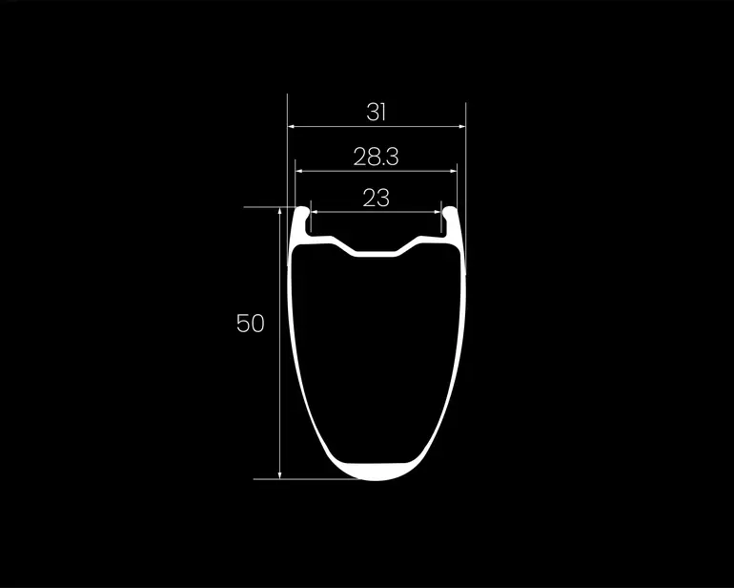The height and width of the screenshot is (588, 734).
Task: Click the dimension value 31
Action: (x=376, y=113)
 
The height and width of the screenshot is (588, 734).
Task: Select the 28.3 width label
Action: (x=376, y=157)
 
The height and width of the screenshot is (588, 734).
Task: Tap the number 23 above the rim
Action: (x=376, y=198)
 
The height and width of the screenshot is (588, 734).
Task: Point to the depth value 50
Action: (x=251, y=323)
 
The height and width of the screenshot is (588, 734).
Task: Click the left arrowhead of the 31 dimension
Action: (x=291, y=126)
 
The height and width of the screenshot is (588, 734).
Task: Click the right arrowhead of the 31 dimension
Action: (x=462, y=126)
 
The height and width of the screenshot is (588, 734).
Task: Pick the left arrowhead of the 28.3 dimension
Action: (x=298, y=171)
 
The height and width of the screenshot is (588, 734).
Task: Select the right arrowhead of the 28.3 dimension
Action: (x=453, y=171)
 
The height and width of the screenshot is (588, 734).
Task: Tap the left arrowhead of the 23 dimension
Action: (x=315, y=212)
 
